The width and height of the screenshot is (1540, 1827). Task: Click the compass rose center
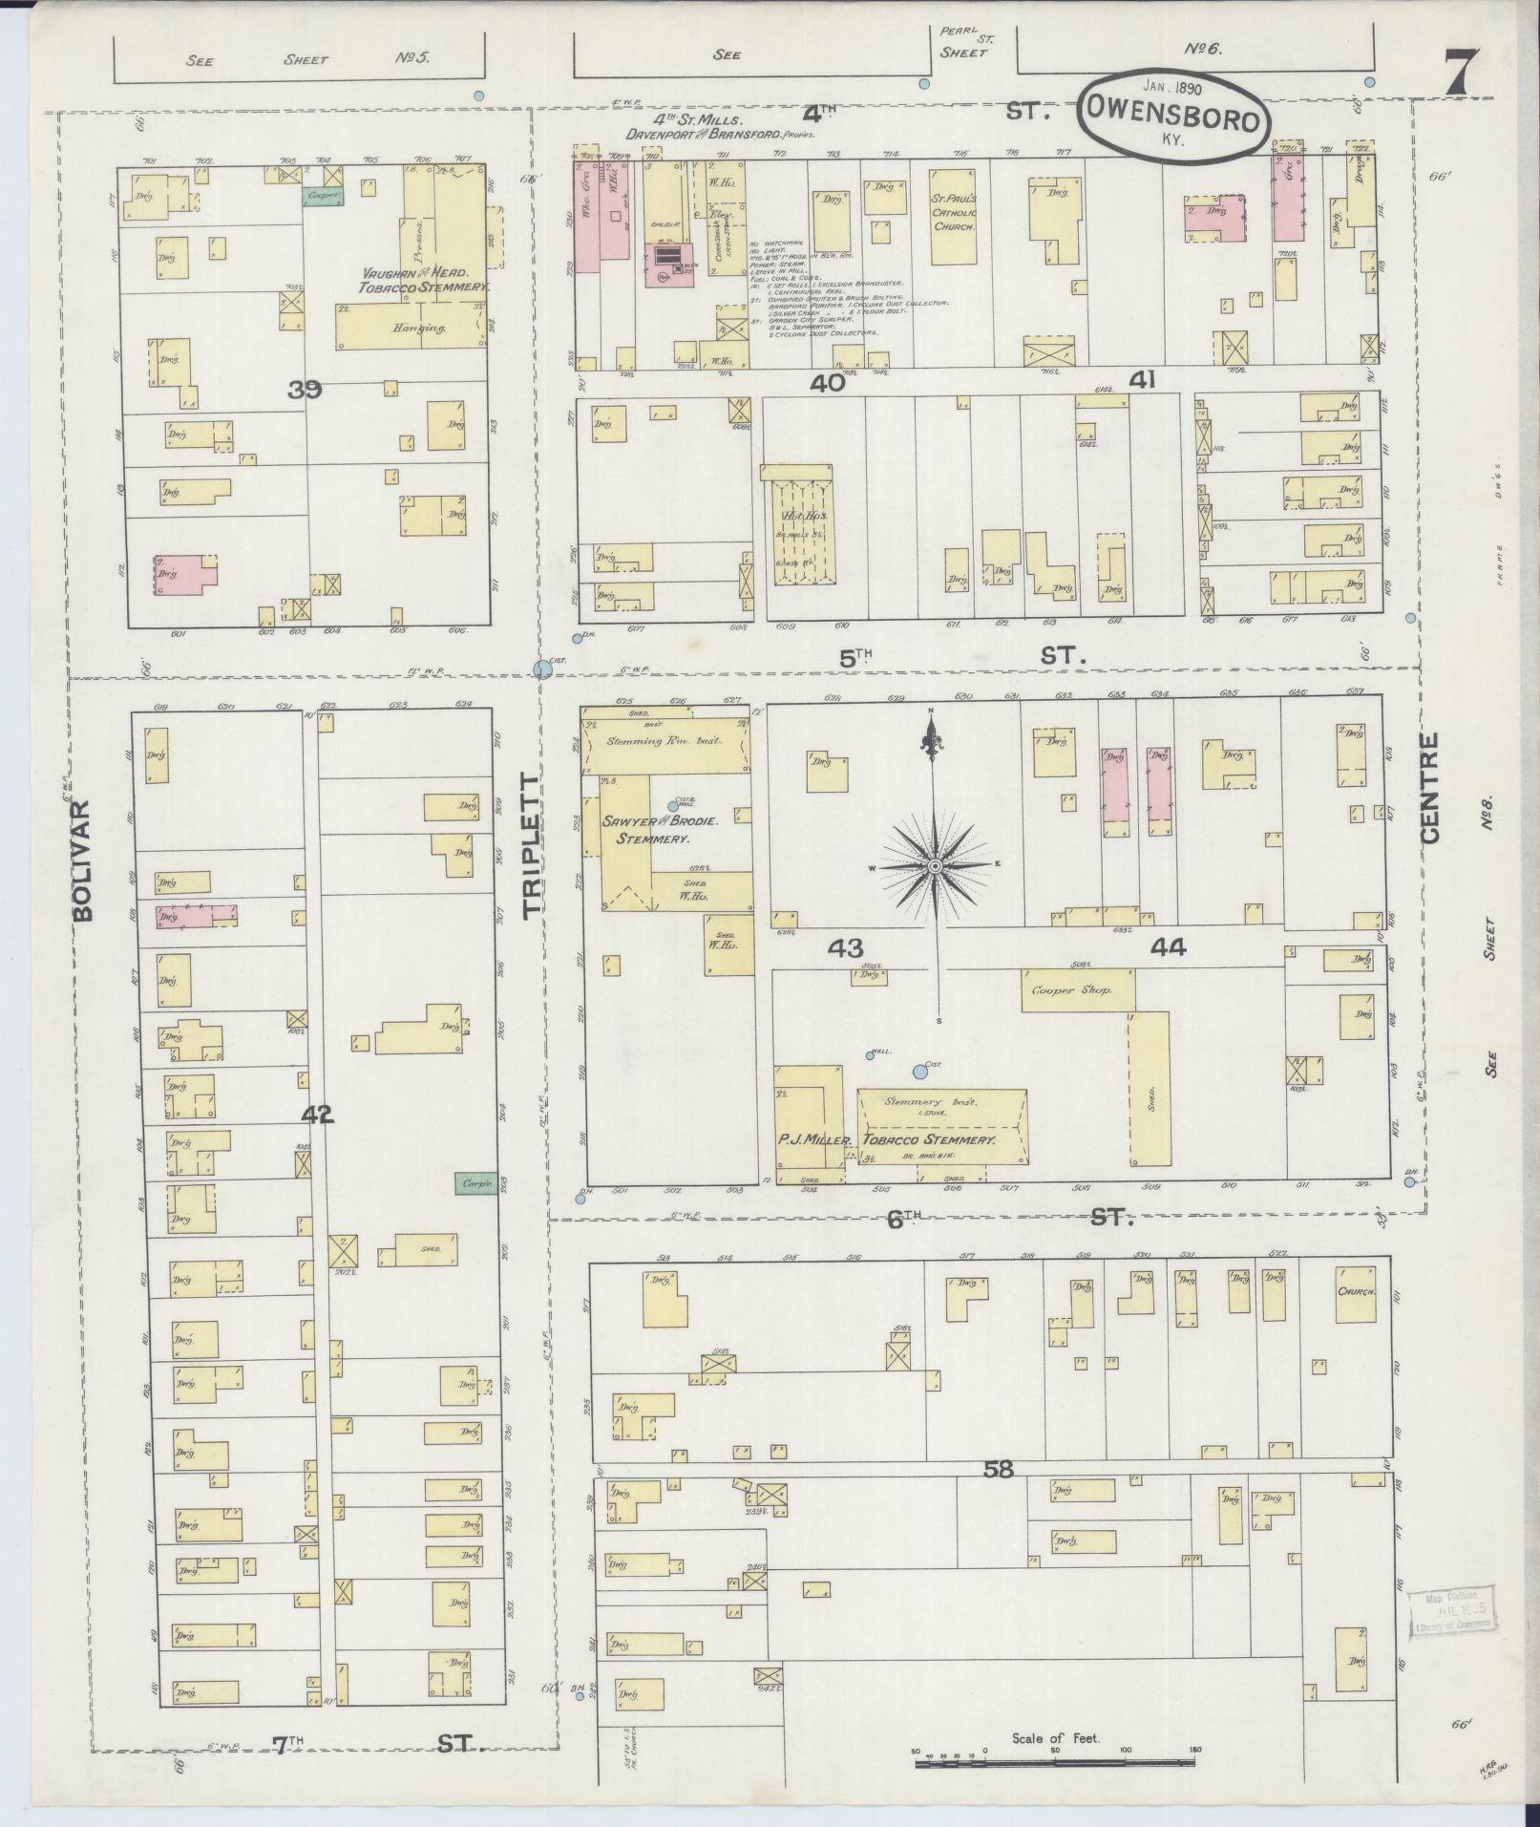936,865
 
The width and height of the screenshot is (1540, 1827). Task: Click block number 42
319,1114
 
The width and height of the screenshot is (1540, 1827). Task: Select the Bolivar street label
84,859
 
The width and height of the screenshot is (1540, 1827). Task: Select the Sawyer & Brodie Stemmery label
645,830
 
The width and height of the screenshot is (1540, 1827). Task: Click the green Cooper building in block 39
320,195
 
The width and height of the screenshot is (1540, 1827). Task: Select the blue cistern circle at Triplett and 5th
543,669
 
